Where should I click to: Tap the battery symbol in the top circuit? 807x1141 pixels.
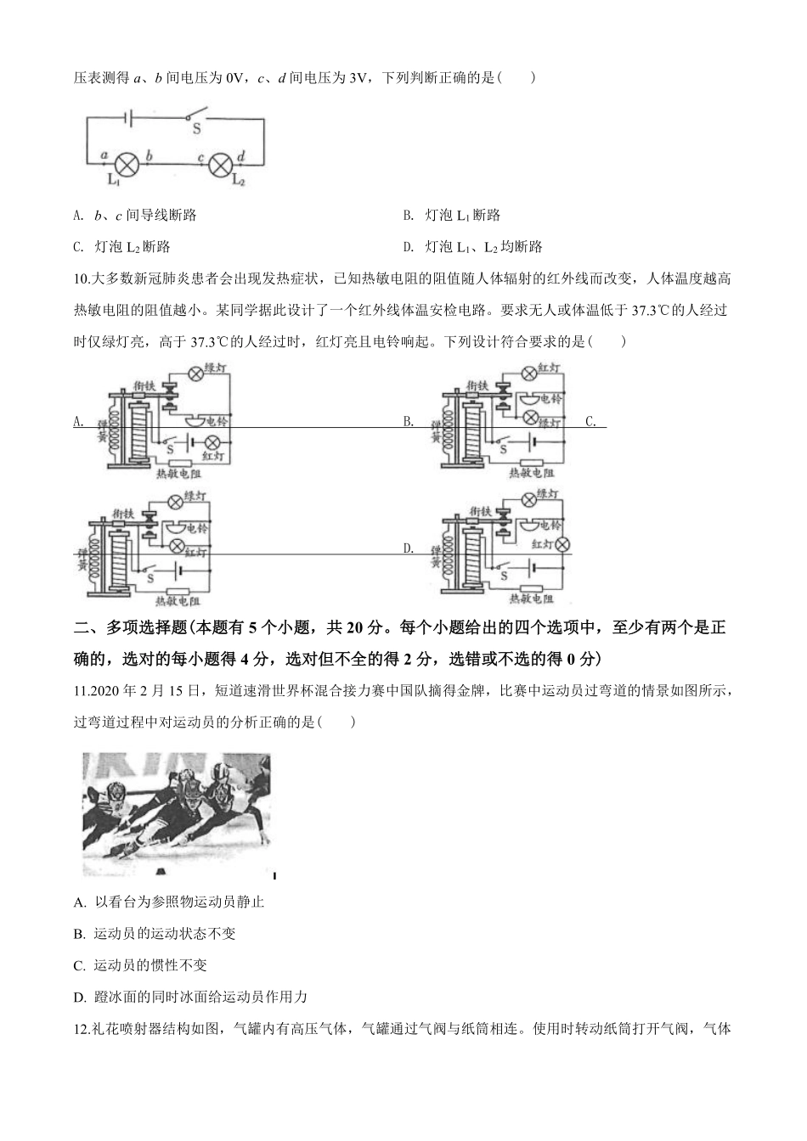[128, 117]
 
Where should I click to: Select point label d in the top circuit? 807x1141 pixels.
[241, 155]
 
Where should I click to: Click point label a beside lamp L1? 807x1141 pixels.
[104, 155]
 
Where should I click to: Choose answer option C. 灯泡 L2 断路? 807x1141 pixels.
[122, 247]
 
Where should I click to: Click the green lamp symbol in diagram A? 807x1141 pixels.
[195, 373]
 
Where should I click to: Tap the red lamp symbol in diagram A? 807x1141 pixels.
[213, 441]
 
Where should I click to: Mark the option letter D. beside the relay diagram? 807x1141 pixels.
[409, 548]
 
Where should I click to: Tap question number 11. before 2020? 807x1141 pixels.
[84, 690]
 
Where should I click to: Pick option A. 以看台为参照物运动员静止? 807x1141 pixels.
[169, 902]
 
